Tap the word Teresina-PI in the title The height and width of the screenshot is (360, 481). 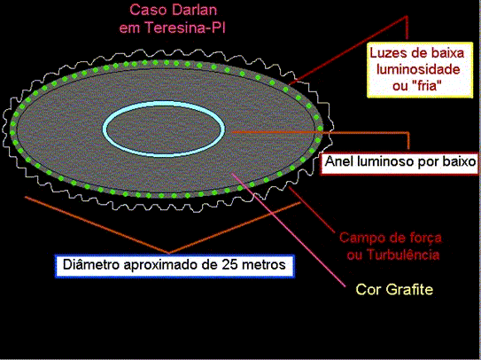[185, 28]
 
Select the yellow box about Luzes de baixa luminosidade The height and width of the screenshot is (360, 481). [420, 70]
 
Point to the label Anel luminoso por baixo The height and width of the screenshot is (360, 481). [400, 162]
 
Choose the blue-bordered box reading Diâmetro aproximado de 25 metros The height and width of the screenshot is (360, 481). [175, 266]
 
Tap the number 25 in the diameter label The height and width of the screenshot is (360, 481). [229, 265]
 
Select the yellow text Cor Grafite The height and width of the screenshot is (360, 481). [394, 289]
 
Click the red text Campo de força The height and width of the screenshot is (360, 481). [391, 239]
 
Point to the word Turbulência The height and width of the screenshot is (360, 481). [403, 255]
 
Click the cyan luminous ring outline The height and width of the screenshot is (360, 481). [164, 105]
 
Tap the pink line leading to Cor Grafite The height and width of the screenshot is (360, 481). [289, 230]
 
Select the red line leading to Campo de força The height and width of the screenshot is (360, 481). [312, 209]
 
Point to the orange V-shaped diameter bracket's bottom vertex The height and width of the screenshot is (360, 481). [169, 253]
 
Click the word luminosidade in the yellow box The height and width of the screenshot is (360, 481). [418, 69]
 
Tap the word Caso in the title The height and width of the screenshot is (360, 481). [146, 10]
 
